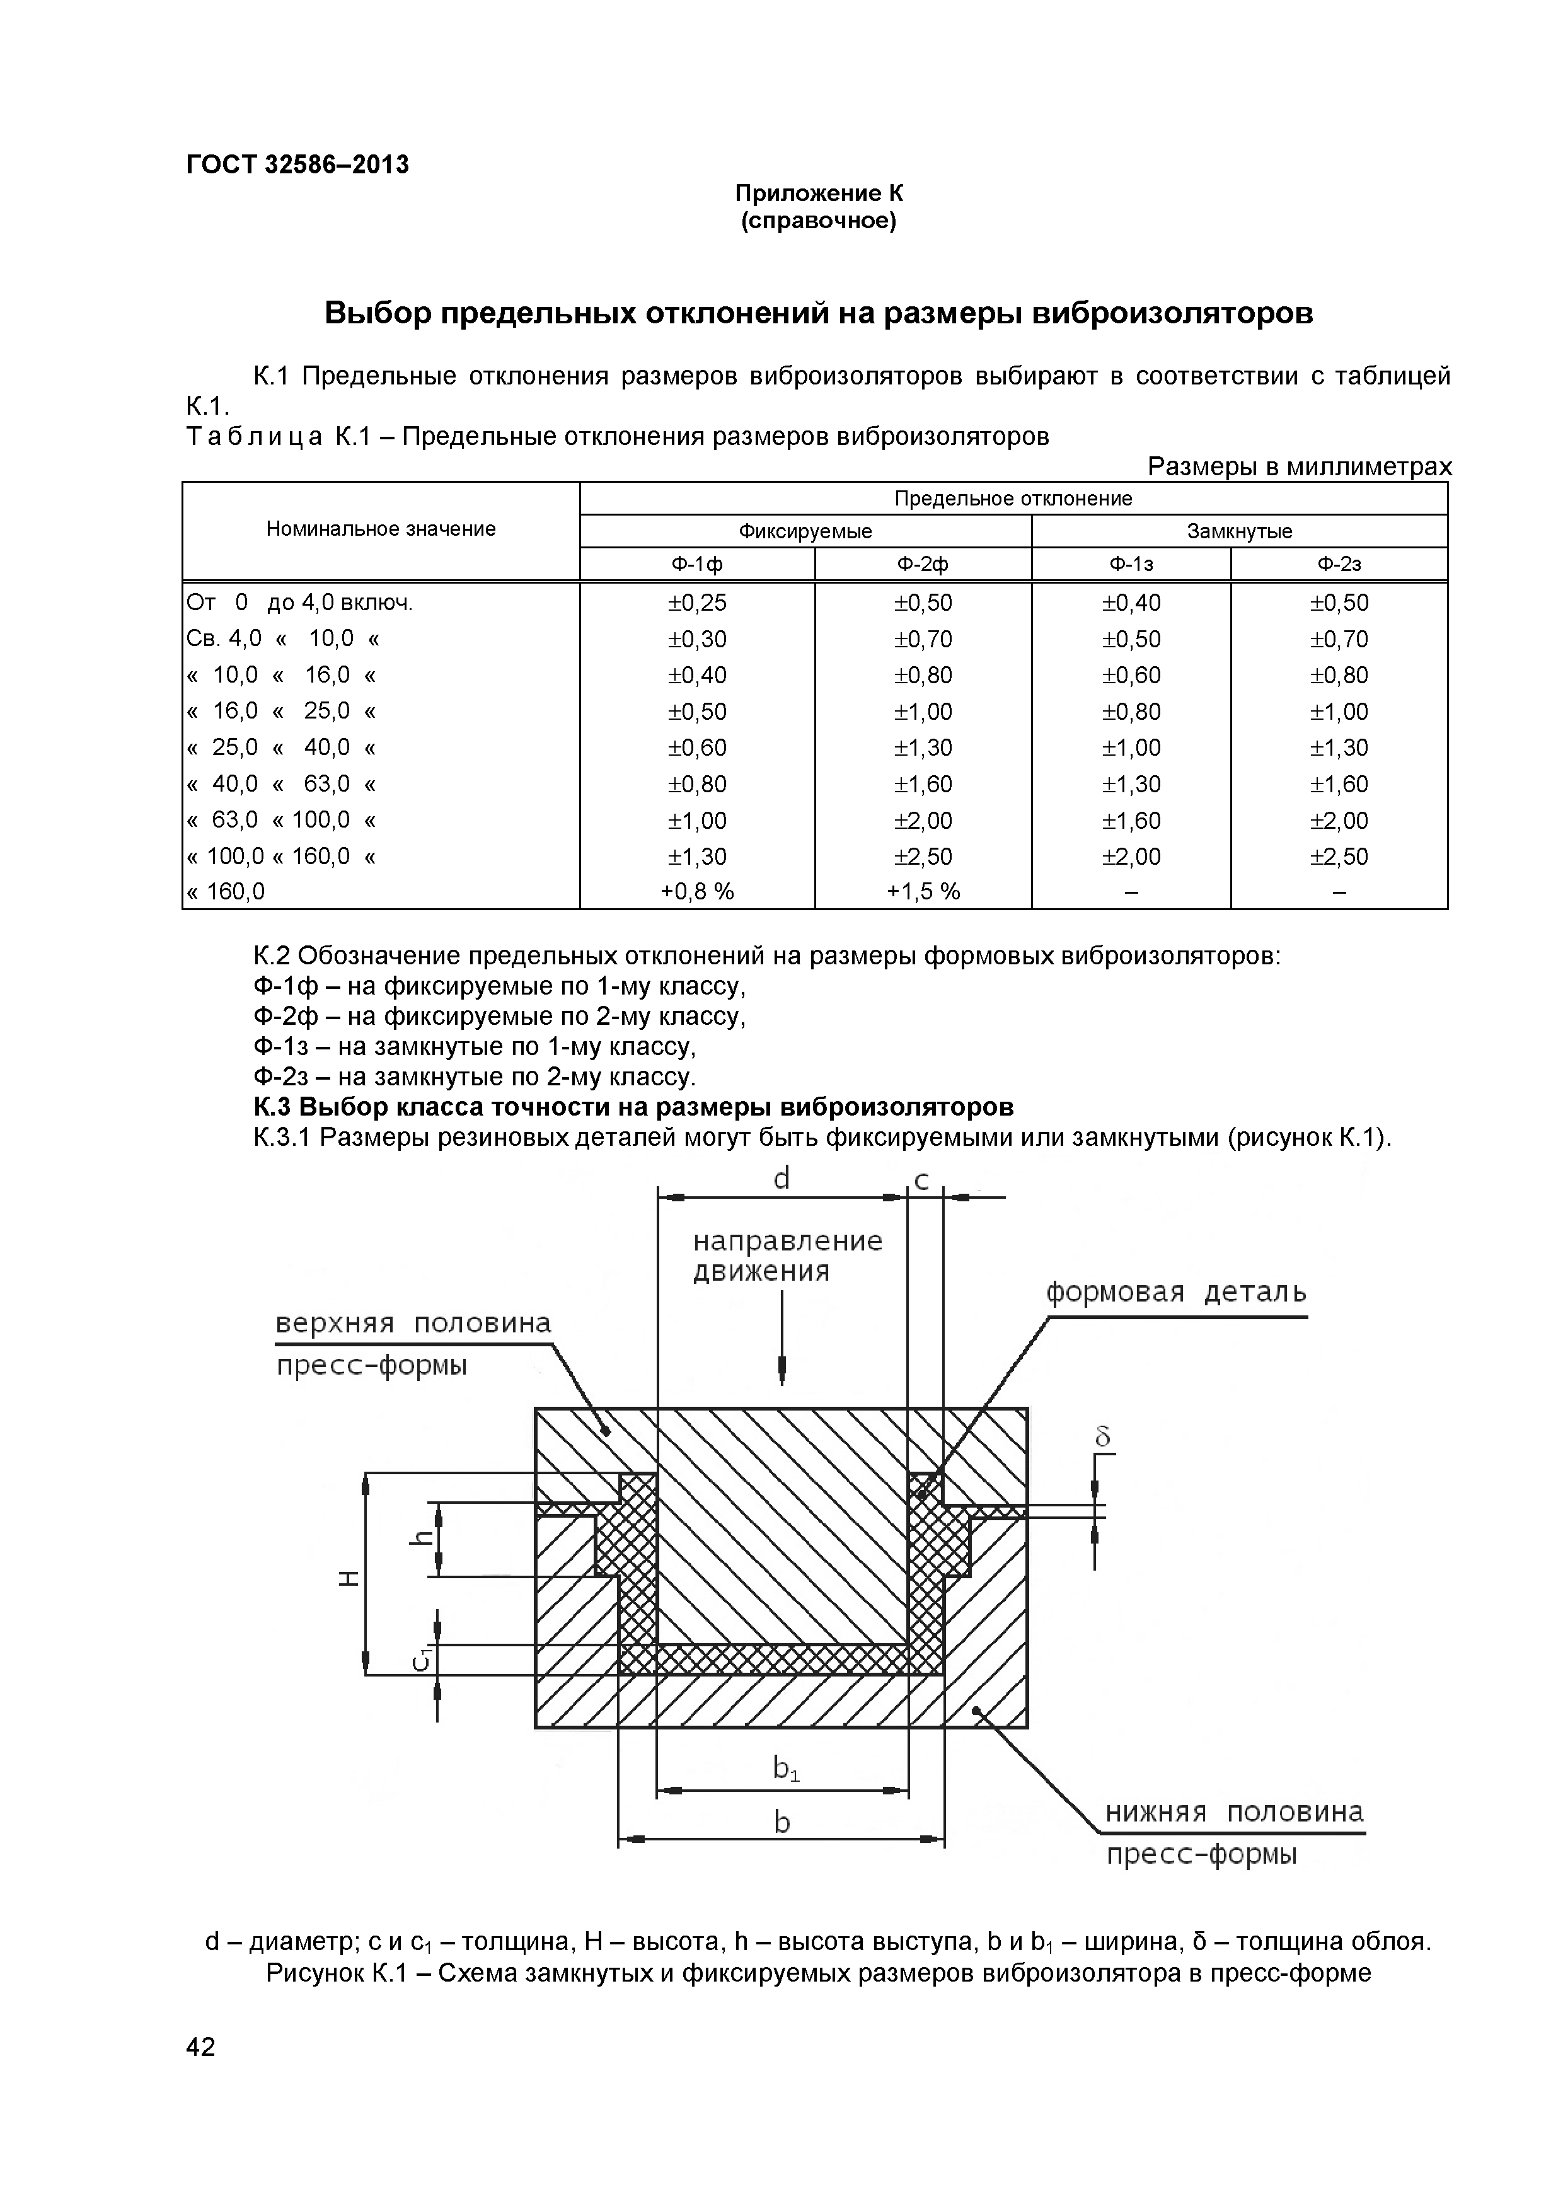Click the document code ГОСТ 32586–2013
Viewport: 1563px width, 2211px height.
pyautogui.click(x=297, y=165)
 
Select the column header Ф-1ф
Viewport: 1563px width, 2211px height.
pyautogui.click(x=696, y=564)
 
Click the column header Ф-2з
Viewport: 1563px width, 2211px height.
pyautogui.click(x=1339, y=564)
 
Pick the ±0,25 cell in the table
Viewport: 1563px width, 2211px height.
pyautogui.click(x=696, y=603)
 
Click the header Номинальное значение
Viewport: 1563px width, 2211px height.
pyautogui.click(x=381, y=529)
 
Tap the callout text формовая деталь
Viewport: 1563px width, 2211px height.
pyautogui.click(x=1176, y=1292)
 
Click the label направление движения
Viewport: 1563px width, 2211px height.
pyautogui.click(x=787, y=1256)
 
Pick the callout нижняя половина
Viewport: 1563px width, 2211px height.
pyautogui.click(x=1233, y=1812)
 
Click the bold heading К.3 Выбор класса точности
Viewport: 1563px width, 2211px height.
pyautogui.click(x=633, y=1107)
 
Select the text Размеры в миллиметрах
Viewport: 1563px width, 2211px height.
pyautogui.click(x=1299, y=467)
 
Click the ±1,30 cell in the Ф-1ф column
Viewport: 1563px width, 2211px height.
pyautogui.click(x=696, y=856)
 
